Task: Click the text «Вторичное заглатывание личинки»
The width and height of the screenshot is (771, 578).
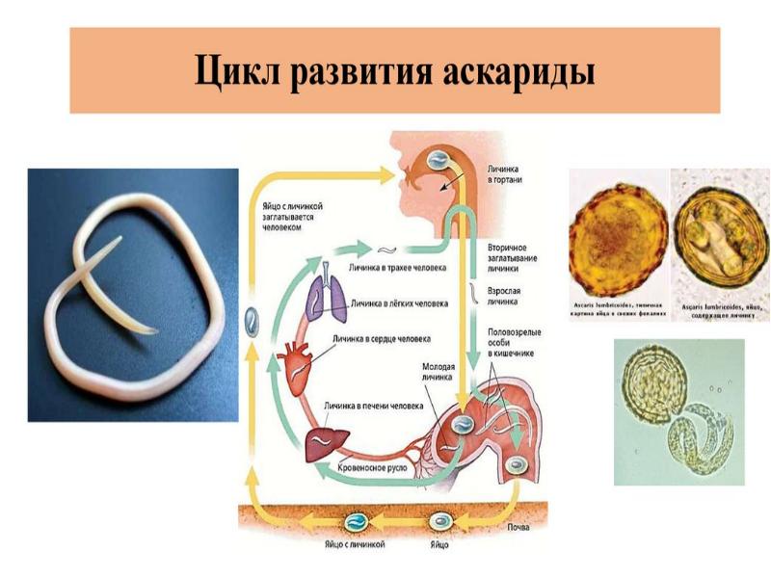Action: [x=513, y=258]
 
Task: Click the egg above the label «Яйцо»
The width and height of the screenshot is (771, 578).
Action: [x=442, y=520]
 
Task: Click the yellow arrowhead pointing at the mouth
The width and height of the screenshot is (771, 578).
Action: [x=386, y=174]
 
